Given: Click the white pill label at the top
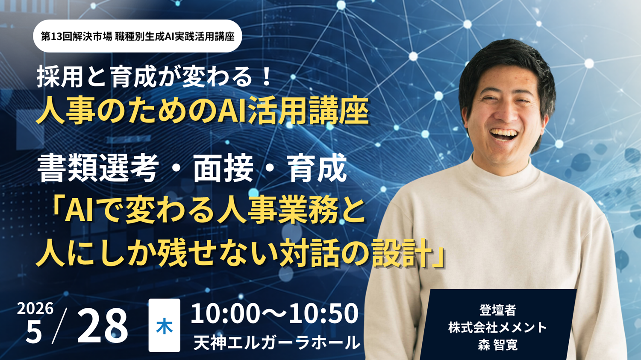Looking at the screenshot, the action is point(137,36).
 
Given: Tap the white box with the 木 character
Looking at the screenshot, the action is point(164,325).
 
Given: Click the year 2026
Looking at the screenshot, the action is point(35,309).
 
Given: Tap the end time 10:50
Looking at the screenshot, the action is point(323,314).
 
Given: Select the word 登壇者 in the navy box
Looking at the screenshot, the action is point(498,310).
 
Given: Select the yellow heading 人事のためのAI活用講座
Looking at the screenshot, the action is point(202,110).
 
